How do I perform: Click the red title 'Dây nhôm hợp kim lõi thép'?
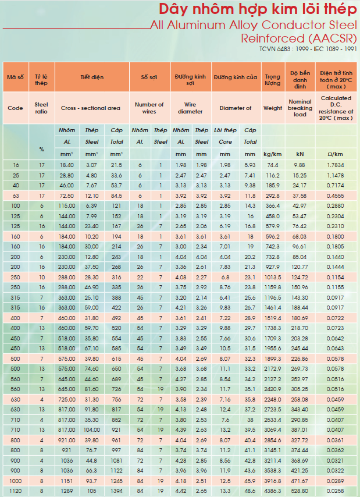coord(258,9)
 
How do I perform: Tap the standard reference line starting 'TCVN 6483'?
coord(308,49)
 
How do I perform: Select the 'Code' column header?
coord(16,108)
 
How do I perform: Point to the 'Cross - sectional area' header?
coord(91,108)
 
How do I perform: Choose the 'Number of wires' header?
coord(149,108)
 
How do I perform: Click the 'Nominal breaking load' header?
coord(300,108)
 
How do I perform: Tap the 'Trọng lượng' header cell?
coord(273,80)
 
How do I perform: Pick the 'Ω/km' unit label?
coord(336,154)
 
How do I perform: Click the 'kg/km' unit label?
coord(273,154)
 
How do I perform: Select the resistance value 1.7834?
coord(336,165)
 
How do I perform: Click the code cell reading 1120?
coord(16,491)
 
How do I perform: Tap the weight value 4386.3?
coord(273,491)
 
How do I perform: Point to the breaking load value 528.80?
coord(300,491)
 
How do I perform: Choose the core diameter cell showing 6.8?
coord(225,278)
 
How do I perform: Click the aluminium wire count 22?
coord(140,278)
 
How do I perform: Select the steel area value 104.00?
coord(92,430)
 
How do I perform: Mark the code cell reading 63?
coord(16,196)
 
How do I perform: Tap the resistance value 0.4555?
coord(336,196)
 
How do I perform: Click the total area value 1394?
coord(116,491)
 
